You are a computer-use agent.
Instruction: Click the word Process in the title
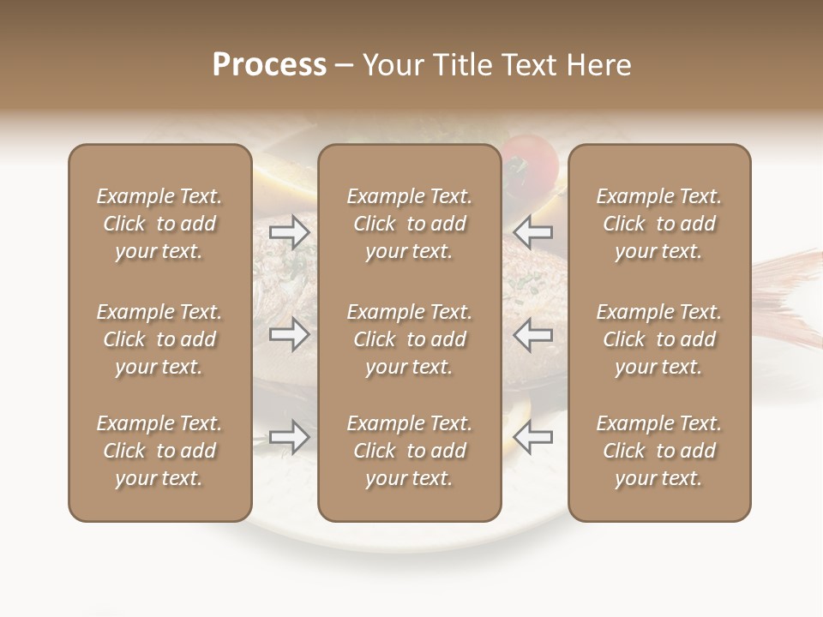point(269,65)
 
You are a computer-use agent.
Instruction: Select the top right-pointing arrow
point(289,231)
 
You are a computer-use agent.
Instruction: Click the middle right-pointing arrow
point(289,334)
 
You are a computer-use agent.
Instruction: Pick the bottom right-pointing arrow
point(289,437)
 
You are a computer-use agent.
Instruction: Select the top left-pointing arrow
point(534,231)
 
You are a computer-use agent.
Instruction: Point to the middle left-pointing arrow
point(534,334)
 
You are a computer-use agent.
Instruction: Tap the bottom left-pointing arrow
point(534,437)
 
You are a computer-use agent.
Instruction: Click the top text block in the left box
point(159,224)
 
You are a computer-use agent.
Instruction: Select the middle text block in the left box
point(159,339)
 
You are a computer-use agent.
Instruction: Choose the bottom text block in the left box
point(159,451)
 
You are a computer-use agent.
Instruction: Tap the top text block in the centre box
point(409,224)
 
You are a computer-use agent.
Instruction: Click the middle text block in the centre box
point(409,339)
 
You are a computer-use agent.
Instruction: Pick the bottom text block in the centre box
point(409,451)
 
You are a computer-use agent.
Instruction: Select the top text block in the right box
point(659,224)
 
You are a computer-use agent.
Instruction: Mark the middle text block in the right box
point(659,339)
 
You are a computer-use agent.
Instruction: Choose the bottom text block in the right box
point(659,451)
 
